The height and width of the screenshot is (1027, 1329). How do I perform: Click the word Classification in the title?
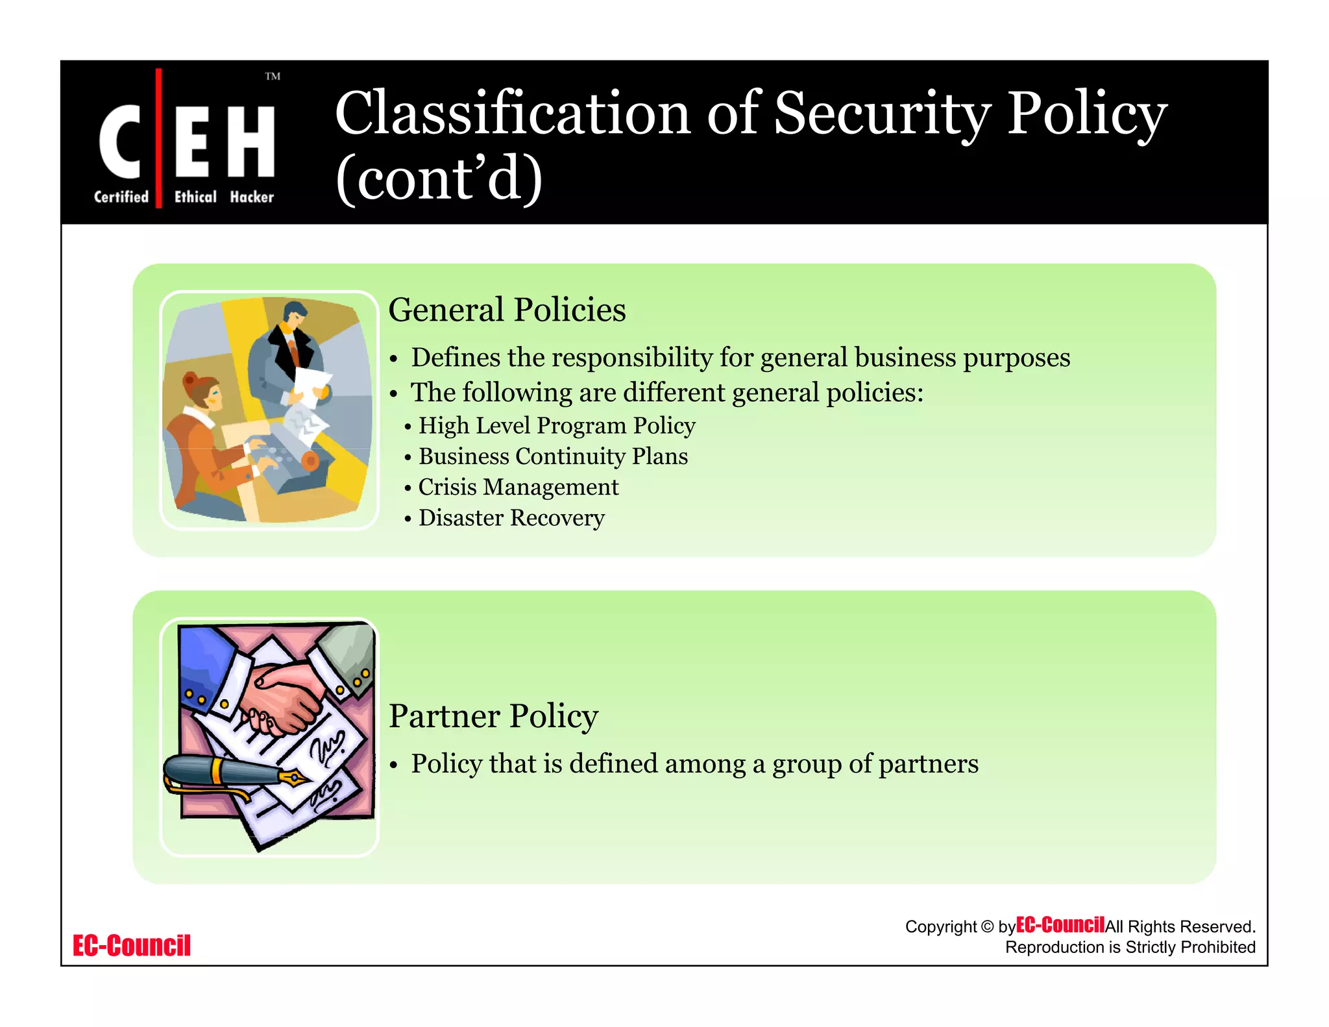(512, 114)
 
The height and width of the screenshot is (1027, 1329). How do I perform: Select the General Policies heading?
(507, 310)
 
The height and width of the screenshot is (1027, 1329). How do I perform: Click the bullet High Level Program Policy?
(557, 426)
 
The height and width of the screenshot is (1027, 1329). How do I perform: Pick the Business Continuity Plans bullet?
(553, 456)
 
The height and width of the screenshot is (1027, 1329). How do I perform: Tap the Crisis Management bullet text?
(518, 487)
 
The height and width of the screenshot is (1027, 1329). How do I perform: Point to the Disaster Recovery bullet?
(511, 518)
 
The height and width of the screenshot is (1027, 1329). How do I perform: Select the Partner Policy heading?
(493, 716)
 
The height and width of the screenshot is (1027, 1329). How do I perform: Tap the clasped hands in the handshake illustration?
(286, 698)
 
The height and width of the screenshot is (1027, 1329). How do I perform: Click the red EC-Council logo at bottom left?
(132, 946)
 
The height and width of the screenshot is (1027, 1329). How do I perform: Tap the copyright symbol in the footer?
(987, 927)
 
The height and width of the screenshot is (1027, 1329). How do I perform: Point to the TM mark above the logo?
(273, 77)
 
